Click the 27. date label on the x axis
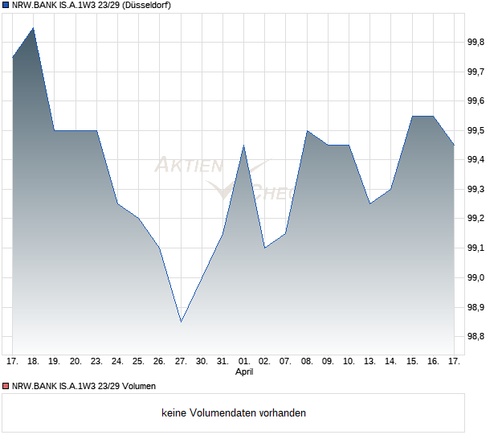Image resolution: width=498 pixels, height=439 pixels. [181, 362]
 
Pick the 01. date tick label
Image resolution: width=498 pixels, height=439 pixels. [244, 362]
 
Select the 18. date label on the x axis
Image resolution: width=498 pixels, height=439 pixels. [33, 362]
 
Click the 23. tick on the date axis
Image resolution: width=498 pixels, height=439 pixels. [96, 362]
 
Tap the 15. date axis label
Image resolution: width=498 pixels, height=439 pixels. [412, 362]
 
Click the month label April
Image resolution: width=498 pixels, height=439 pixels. [244, 373]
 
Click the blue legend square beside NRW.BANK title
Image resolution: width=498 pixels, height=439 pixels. [6, 6]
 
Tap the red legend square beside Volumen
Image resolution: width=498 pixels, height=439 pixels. [6, 387]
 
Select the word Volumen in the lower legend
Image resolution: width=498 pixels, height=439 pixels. [137, 387]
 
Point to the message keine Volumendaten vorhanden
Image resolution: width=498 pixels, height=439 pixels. [234, 413]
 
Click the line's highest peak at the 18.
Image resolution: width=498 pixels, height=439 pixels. [33, 28]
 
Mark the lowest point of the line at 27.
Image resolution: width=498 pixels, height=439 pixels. [181, 322]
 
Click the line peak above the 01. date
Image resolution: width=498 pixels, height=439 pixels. [244, 146]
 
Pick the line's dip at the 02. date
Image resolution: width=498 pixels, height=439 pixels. [265, 248]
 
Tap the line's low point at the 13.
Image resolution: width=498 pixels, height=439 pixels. [370, 203]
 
